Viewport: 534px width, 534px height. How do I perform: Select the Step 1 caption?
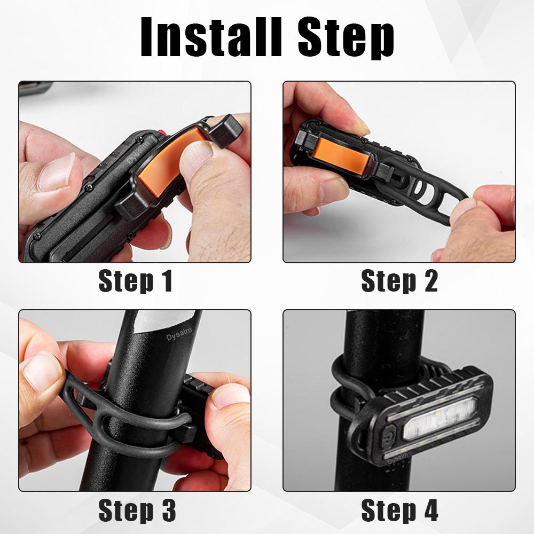point(136,281)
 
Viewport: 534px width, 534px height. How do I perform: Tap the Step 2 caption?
point(399,281)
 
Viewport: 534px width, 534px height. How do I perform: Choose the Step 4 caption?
point(399,511)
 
